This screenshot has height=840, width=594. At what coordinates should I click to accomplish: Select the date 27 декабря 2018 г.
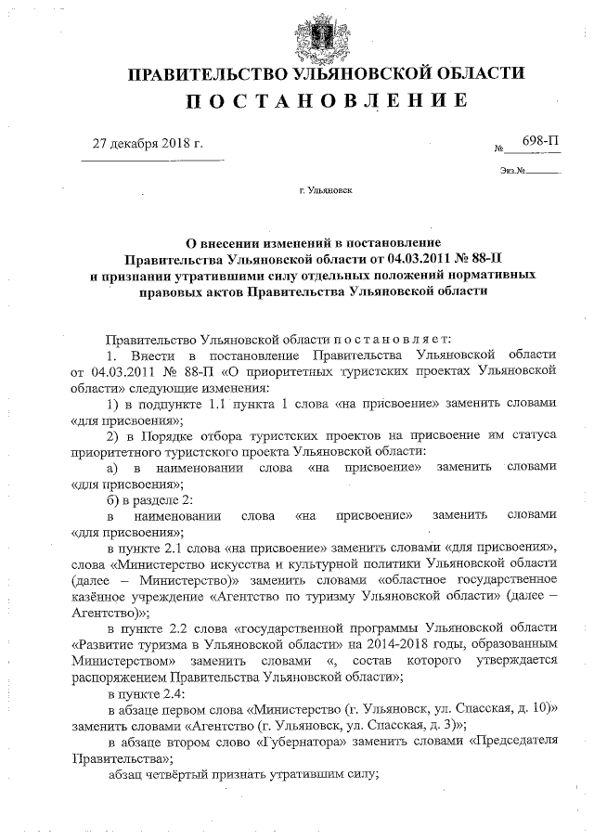click(x=148, y=144)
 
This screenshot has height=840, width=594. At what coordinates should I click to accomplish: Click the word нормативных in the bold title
click(x=510, y=276)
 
